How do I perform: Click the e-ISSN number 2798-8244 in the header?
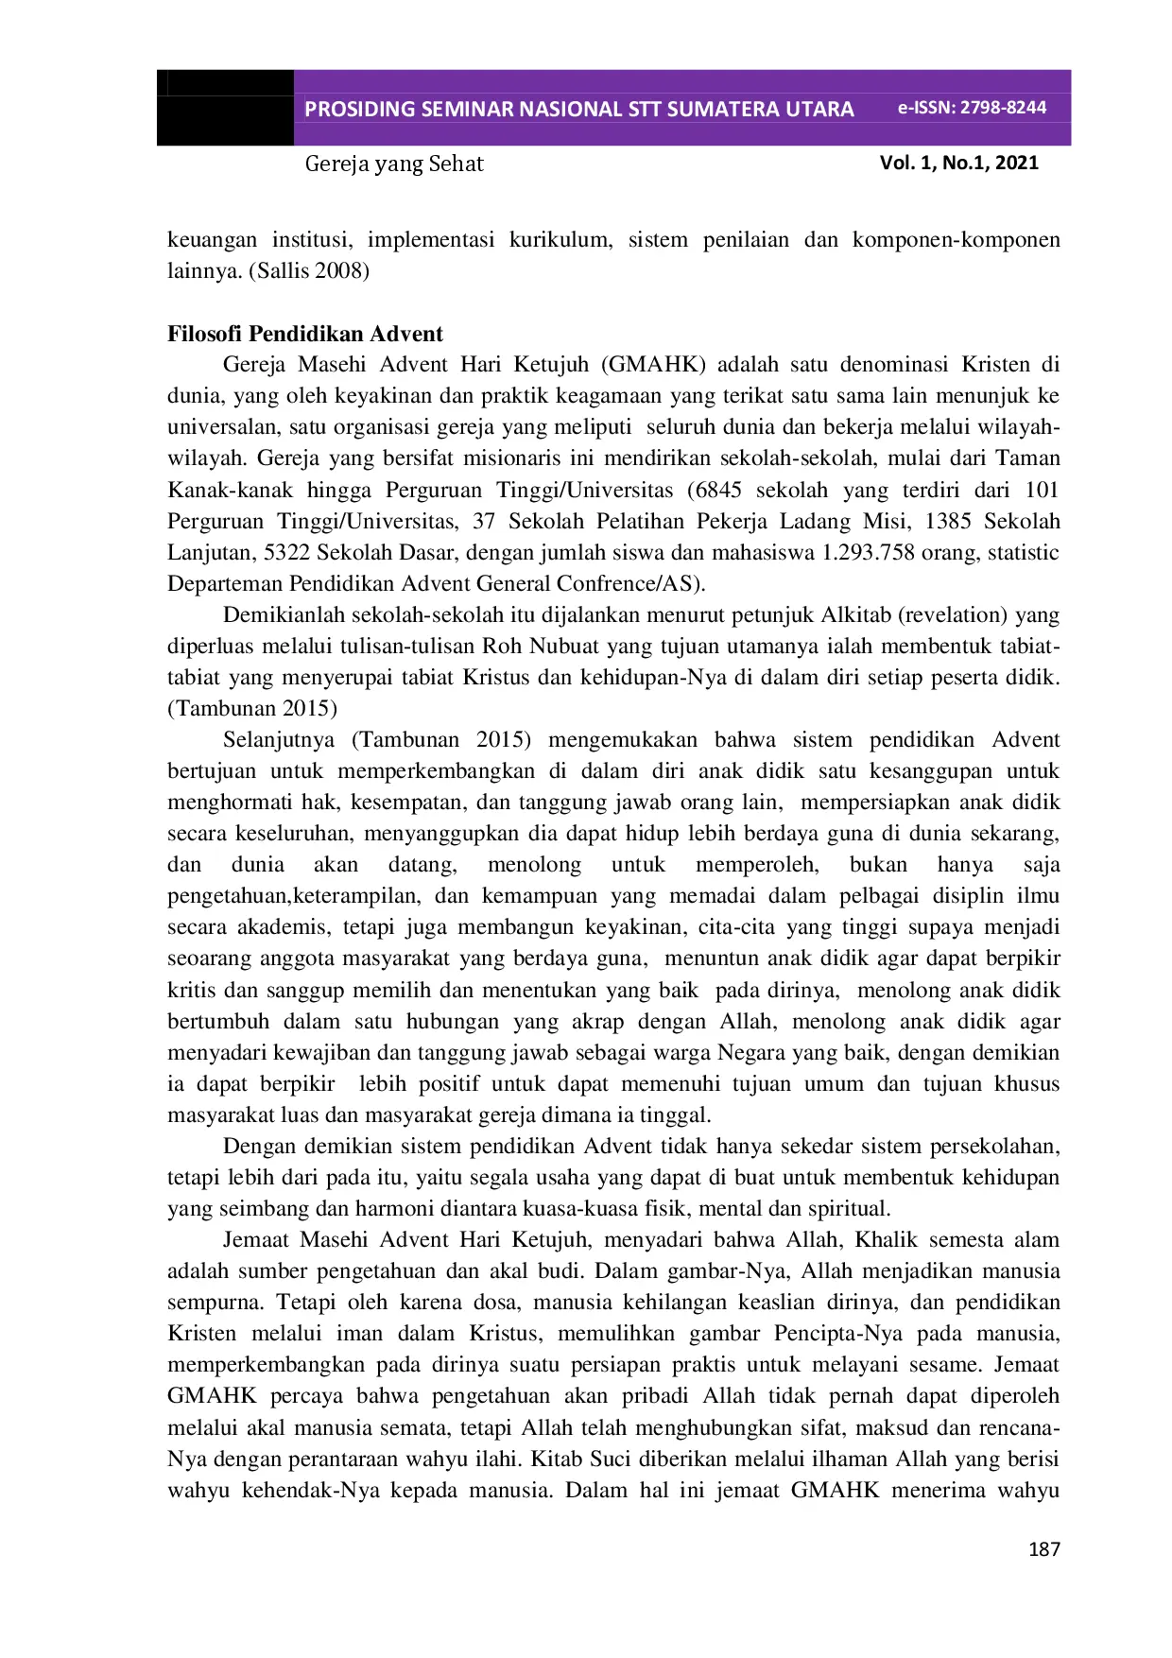[1003, 108]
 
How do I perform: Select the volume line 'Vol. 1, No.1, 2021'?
[958, 163]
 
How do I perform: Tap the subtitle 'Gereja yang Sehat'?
[393, 164]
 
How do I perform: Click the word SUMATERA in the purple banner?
[718, 110]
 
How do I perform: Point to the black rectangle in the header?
[225, 108]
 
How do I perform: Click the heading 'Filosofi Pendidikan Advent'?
[304, 334]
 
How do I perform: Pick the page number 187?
[1043, 1549]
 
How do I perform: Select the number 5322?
[286, 552]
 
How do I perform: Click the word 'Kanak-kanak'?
[230, 490]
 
